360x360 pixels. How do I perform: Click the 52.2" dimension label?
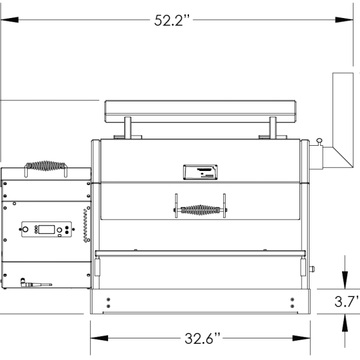pos(172,20)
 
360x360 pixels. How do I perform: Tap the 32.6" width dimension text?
pos(202,338)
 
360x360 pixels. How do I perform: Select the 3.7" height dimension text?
pos(346,301)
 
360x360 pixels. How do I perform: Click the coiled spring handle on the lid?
pos(200,210)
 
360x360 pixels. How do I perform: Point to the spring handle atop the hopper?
pos(46,166)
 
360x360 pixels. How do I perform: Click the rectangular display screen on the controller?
pos(47,229)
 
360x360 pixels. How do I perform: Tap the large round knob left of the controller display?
pos(25,229)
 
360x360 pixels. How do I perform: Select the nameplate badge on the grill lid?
pos(200,172)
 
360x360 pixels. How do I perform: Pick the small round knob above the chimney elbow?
pos(319,141)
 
